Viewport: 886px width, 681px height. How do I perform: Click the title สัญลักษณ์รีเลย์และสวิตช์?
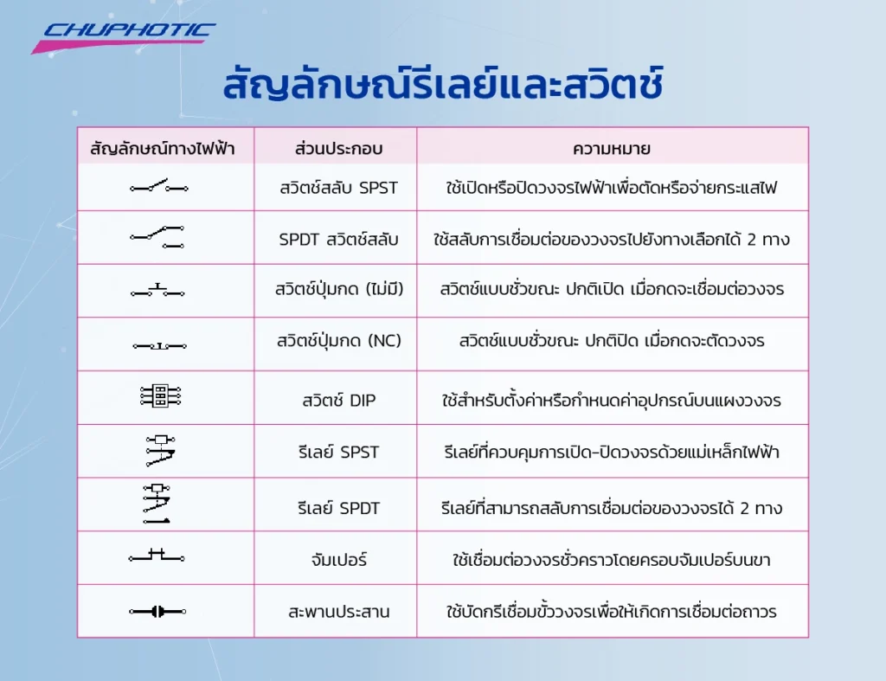coord(442,87)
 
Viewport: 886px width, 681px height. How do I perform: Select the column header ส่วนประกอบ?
coord(338,147)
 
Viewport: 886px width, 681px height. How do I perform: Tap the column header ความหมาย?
coord(612,147)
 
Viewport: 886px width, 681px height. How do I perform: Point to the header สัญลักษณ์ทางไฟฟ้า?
coord(162,147)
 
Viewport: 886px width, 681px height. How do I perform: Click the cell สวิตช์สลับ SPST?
coord(338,186)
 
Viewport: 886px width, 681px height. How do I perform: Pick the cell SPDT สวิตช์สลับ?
coord(338,239)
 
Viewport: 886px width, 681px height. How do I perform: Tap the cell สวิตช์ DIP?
coord(338,400)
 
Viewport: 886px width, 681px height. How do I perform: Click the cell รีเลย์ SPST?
coord(338,452)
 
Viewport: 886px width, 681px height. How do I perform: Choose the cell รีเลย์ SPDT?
coord(338,508)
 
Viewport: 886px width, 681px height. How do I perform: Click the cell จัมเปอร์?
coord(338,560)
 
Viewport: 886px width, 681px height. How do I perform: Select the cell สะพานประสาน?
coord(338,612)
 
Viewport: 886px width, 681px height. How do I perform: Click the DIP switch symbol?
coord(160,396)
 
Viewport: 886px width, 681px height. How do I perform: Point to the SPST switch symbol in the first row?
coord(159,186)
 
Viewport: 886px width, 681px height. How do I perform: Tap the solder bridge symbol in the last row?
coord(157,612)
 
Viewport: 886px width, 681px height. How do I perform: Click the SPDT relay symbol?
coord(157,504)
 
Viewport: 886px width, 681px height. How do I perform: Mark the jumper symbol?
coord(157,556)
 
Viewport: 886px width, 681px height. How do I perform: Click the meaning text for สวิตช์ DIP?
coord(612,400)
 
